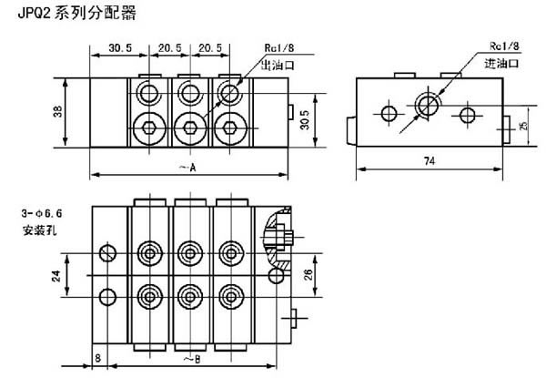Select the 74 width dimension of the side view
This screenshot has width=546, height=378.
tap(428, 160)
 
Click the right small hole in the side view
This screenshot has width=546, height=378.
tap(468, 113)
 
